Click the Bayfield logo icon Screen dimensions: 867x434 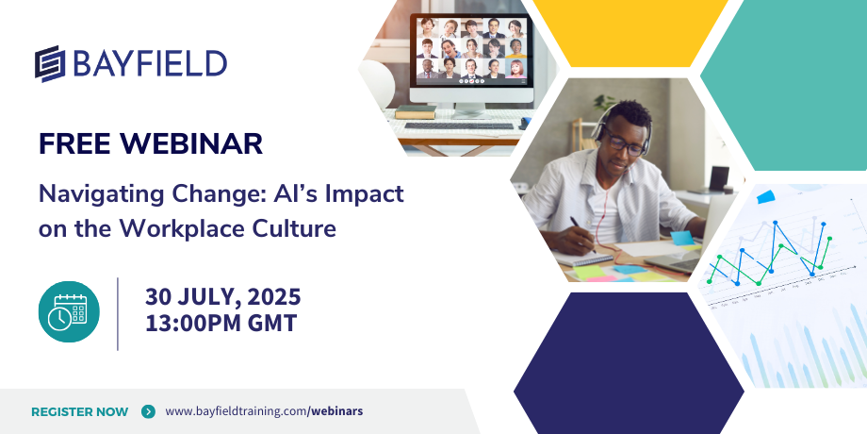pos(50,63)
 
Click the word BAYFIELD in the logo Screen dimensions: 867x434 pos(149,63)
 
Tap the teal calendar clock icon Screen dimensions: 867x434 pos(69,311)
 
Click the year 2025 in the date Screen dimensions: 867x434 pos(274,297)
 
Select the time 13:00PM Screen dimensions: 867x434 pos(193,324)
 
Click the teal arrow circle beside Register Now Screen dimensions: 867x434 pos(148,411)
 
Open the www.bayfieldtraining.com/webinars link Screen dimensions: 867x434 pos(264,411)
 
